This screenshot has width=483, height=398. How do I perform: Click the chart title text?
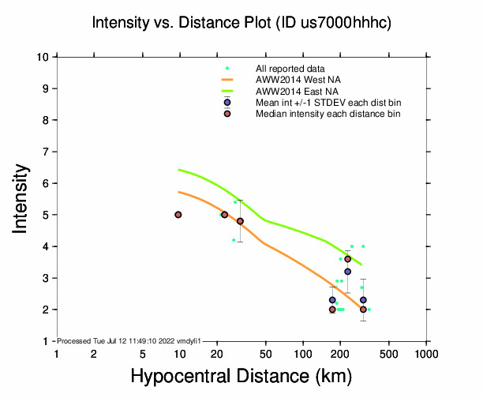point(241,23)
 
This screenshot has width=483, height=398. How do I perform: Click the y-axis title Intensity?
point(22,198)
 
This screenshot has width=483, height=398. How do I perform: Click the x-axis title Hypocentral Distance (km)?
point(241,377)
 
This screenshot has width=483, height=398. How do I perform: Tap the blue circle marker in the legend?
point(227,103)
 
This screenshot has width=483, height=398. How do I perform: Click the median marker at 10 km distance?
point(178,215)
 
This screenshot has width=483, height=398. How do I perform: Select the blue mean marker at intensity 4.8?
point(240,221)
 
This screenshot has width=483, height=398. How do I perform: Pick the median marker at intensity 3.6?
point(347,259)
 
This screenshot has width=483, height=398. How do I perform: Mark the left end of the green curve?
point(179,170)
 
